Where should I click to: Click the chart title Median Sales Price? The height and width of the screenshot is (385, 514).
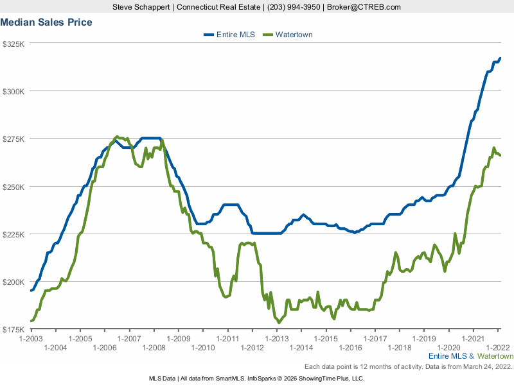click(46, 22)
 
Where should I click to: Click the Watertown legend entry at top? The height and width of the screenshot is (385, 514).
click(294, 35)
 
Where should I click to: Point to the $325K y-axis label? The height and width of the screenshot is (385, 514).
click(13, 44)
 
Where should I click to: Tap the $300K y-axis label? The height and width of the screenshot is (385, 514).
click(13, 92)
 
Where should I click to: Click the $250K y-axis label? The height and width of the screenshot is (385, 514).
click(13, 187)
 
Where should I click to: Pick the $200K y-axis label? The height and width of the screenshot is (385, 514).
click(13, 282)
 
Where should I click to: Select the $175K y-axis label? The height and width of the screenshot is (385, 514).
click(13, 330)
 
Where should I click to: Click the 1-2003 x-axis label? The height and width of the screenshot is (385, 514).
click(31, 338)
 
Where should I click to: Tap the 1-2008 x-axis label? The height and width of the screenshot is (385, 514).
click(154, 347)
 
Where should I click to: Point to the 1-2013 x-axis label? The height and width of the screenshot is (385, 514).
click(276, 338)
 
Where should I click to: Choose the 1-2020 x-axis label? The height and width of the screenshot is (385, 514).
click(448, 347)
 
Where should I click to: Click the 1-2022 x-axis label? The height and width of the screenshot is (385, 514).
click(498, 338)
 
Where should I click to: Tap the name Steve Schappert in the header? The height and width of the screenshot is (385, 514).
click(138, 7)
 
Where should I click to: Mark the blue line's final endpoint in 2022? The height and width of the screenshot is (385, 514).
click(500, 58)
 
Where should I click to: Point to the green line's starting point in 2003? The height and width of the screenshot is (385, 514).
click(31, 321)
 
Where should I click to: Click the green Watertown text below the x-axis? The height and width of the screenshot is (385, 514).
click(495, 355)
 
